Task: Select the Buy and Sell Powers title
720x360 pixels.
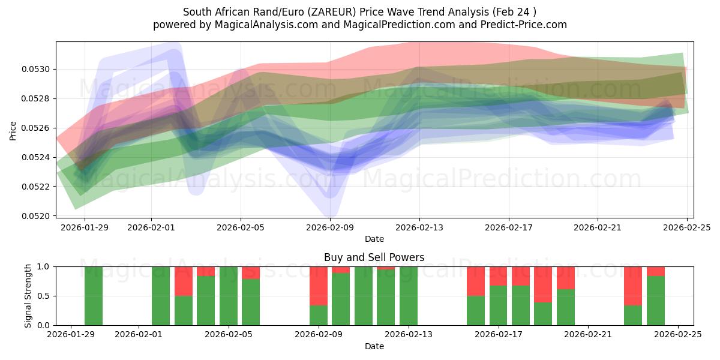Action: pos(374,257)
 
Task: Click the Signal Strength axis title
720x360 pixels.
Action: pos(28,296)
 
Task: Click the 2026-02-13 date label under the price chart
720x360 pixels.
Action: pos(419,228)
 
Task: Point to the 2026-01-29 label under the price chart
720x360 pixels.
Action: pos(84,228)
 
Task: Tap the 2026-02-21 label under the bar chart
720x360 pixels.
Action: pos(588,335)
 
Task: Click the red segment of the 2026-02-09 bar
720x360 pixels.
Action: pos(319,286)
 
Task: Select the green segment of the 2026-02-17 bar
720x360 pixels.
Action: pos(499,305)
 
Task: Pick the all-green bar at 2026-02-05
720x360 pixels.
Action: pos(229,296)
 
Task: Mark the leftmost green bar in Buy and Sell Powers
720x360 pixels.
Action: pos(94,296)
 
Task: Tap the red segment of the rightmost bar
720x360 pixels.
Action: pos(656,271)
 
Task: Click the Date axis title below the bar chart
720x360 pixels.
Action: pos(374,346)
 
